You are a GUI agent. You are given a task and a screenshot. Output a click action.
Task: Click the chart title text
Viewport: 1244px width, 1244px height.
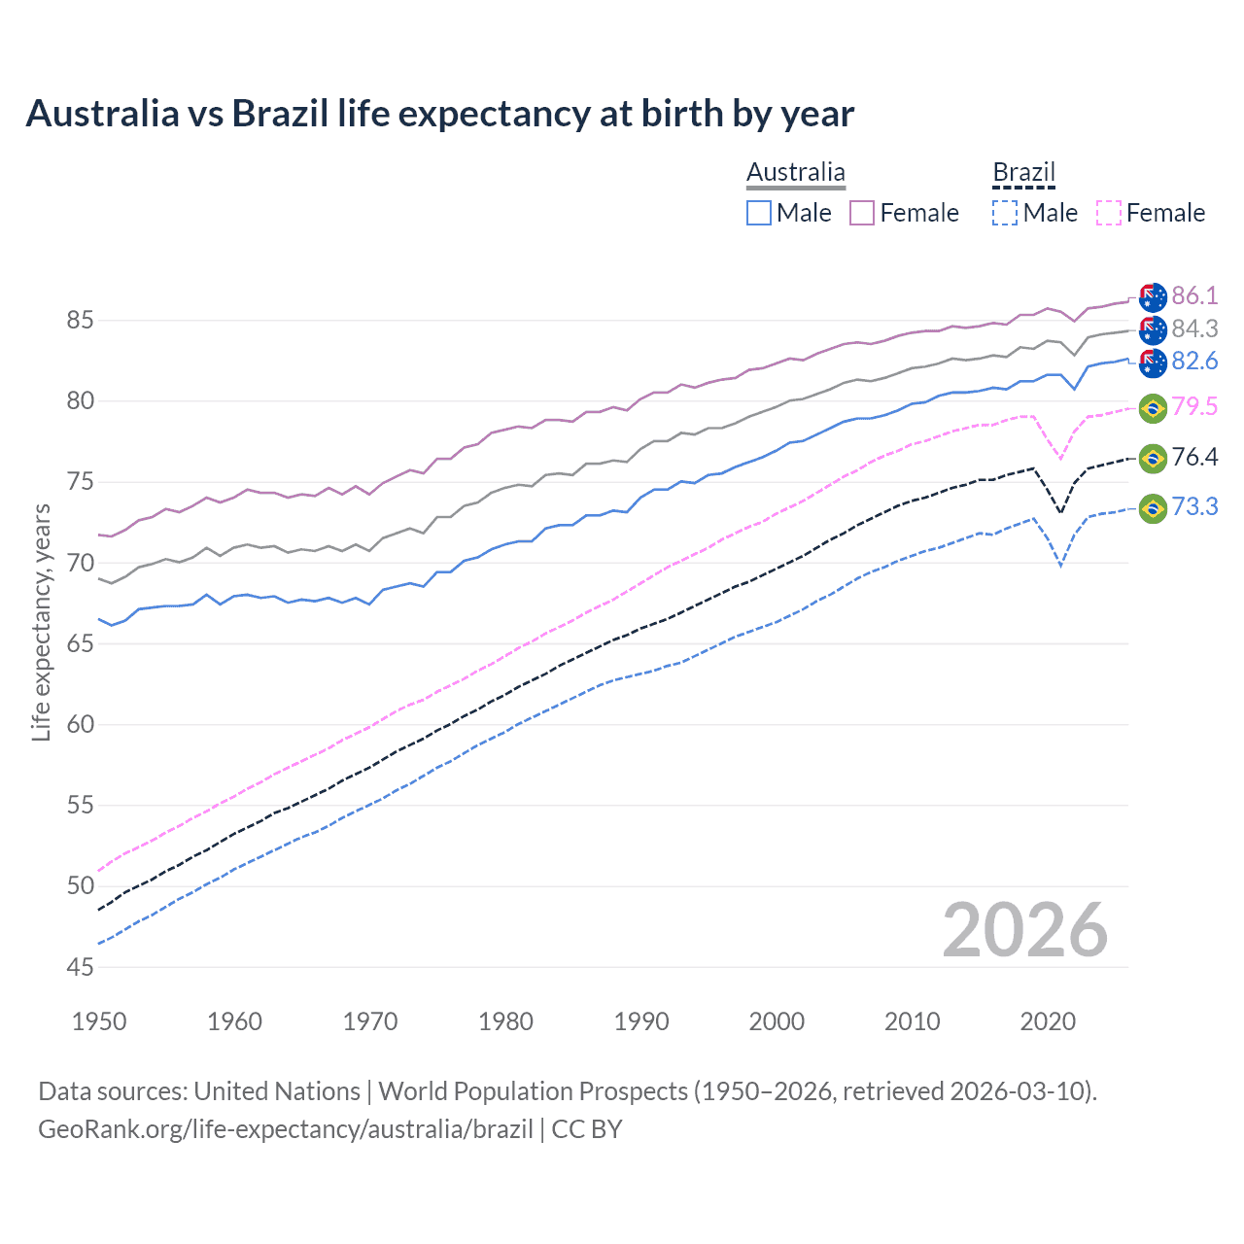tap(439, 114)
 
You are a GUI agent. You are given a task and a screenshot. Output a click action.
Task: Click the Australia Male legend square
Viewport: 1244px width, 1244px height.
tap(759, 213)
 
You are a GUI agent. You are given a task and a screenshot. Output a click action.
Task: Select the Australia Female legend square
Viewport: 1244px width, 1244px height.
tap(862, 213)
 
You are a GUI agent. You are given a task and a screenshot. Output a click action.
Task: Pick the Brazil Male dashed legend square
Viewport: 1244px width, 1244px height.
tap(1005, 213)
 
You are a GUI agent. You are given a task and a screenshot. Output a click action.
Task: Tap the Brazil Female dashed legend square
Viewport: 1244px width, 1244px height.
tap(1109, 213)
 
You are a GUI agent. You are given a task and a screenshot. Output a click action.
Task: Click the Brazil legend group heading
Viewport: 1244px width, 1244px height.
tap(1023, 173)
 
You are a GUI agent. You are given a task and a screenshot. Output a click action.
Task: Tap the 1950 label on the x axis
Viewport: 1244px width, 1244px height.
tap(100, 1021)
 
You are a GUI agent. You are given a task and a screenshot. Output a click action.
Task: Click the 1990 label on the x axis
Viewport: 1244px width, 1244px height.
tap(641, 1021)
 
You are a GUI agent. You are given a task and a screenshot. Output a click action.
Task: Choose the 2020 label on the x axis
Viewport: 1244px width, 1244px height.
tap(1048, 1021)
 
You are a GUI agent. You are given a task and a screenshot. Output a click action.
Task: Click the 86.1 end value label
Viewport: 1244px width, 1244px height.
tap(1194, 295)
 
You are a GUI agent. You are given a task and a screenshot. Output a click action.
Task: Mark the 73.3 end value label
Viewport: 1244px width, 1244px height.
tap(1194, 506)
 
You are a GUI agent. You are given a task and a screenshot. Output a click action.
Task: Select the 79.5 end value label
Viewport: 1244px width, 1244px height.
tap(1194, 406)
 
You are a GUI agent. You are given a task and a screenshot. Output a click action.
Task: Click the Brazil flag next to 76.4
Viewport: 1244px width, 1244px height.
tap(1153, 458)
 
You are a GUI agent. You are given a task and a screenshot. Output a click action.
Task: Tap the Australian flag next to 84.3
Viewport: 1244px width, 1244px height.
tap(1153, 329)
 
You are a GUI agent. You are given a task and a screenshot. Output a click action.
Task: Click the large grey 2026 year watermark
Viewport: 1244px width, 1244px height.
tap(1025, 930)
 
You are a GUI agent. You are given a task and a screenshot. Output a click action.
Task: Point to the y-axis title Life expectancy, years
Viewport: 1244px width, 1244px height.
tap(41, 622)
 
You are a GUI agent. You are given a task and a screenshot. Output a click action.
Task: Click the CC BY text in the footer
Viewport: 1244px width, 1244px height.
tap(587, 1129)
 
